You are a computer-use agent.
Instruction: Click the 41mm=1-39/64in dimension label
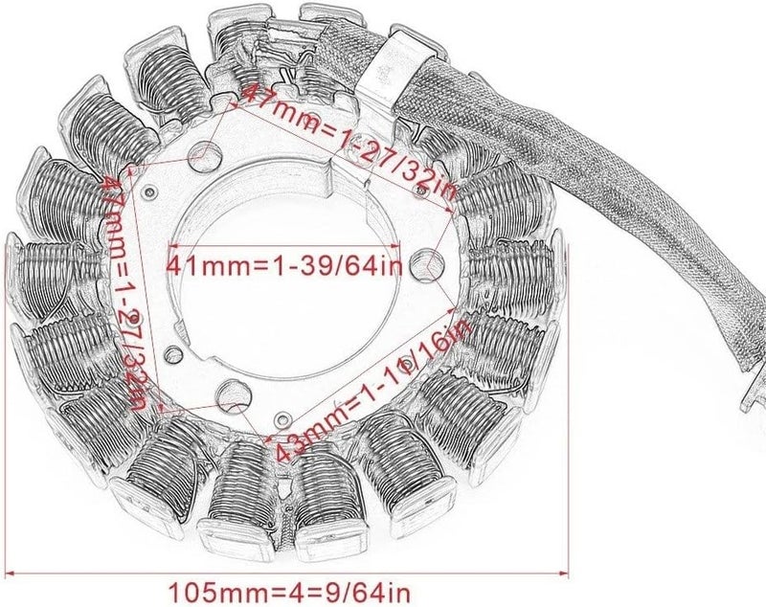(x=285, y=263)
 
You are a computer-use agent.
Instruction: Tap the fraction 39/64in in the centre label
(x=353, y=263)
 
